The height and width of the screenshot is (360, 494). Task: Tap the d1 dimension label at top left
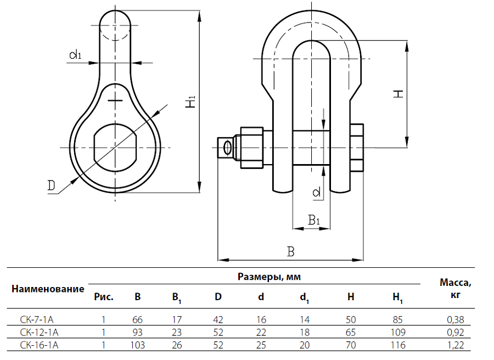tap(75, 54)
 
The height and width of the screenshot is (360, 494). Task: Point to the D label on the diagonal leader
tap(52, 186)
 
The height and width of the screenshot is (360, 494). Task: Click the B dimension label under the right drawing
tap(291, 252)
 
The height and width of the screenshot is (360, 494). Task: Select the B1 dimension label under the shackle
tap(313, 221)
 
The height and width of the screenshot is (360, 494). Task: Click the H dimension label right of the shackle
tap(399, 93)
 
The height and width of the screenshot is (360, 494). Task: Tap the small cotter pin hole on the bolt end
tap(226, 148)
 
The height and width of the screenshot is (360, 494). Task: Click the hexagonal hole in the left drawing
tap(115, 148)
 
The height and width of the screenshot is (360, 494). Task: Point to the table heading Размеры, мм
tap(269, 277)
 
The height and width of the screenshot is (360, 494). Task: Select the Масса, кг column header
tap(456, 288)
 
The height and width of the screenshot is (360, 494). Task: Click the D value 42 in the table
tap(218, 319)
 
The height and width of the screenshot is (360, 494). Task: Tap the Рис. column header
tap(104, 297)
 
